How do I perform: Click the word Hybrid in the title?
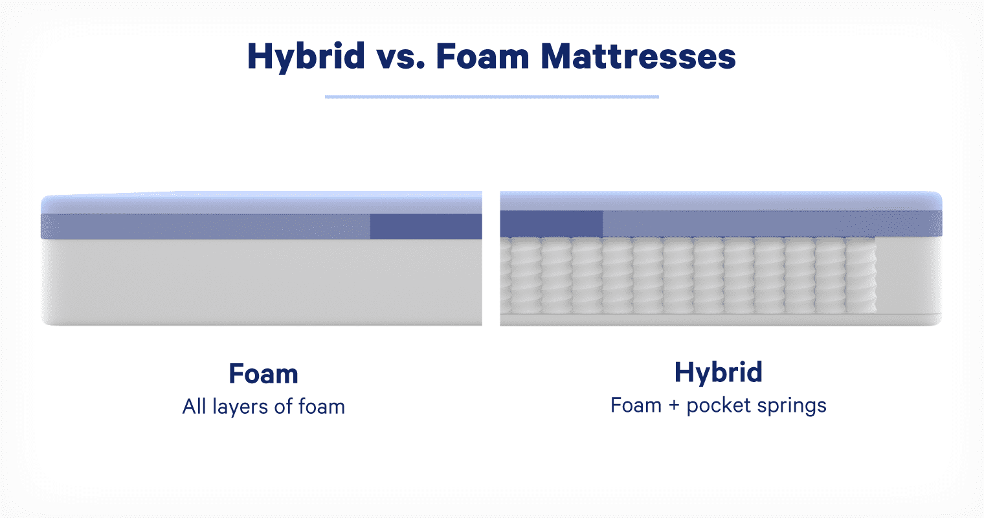coord(306,57)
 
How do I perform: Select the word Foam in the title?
coord(482,56)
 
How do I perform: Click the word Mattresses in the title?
coord(638,56)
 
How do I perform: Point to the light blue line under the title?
coord(492,96)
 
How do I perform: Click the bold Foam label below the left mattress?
coord(263,374)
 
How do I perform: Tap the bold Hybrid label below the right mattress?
coord(718,373)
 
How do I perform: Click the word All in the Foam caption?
coord(194,406)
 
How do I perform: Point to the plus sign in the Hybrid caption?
coord(674,406)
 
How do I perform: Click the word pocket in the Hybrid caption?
coord(719,405)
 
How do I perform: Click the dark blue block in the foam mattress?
coord(426,226)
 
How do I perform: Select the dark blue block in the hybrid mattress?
coord(552,224)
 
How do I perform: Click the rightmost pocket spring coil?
coord(861,275)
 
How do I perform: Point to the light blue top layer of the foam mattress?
coord(262,203)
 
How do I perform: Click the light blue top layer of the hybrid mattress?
coord(721,201)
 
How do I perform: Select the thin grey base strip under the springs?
coord(721,320)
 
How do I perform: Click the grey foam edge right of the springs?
coord(909,275)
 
